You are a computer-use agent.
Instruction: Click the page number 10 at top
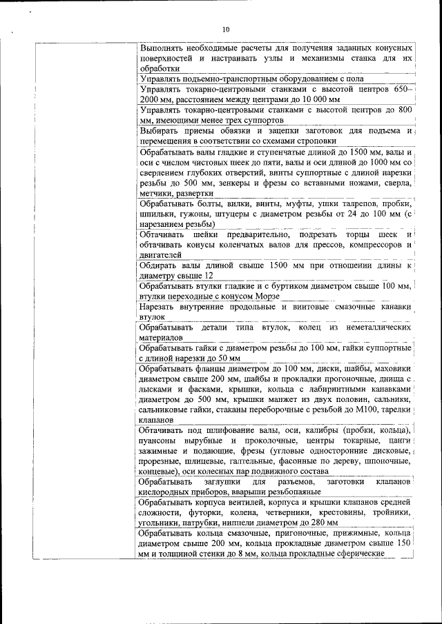225,30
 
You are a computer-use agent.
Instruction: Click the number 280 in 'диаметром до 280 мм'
308,523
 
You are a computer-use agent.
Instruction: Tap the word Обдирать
160,265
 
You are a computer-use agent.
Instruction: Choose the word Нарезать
159,306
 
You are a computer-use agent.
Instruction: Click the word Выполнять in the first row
163,48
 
